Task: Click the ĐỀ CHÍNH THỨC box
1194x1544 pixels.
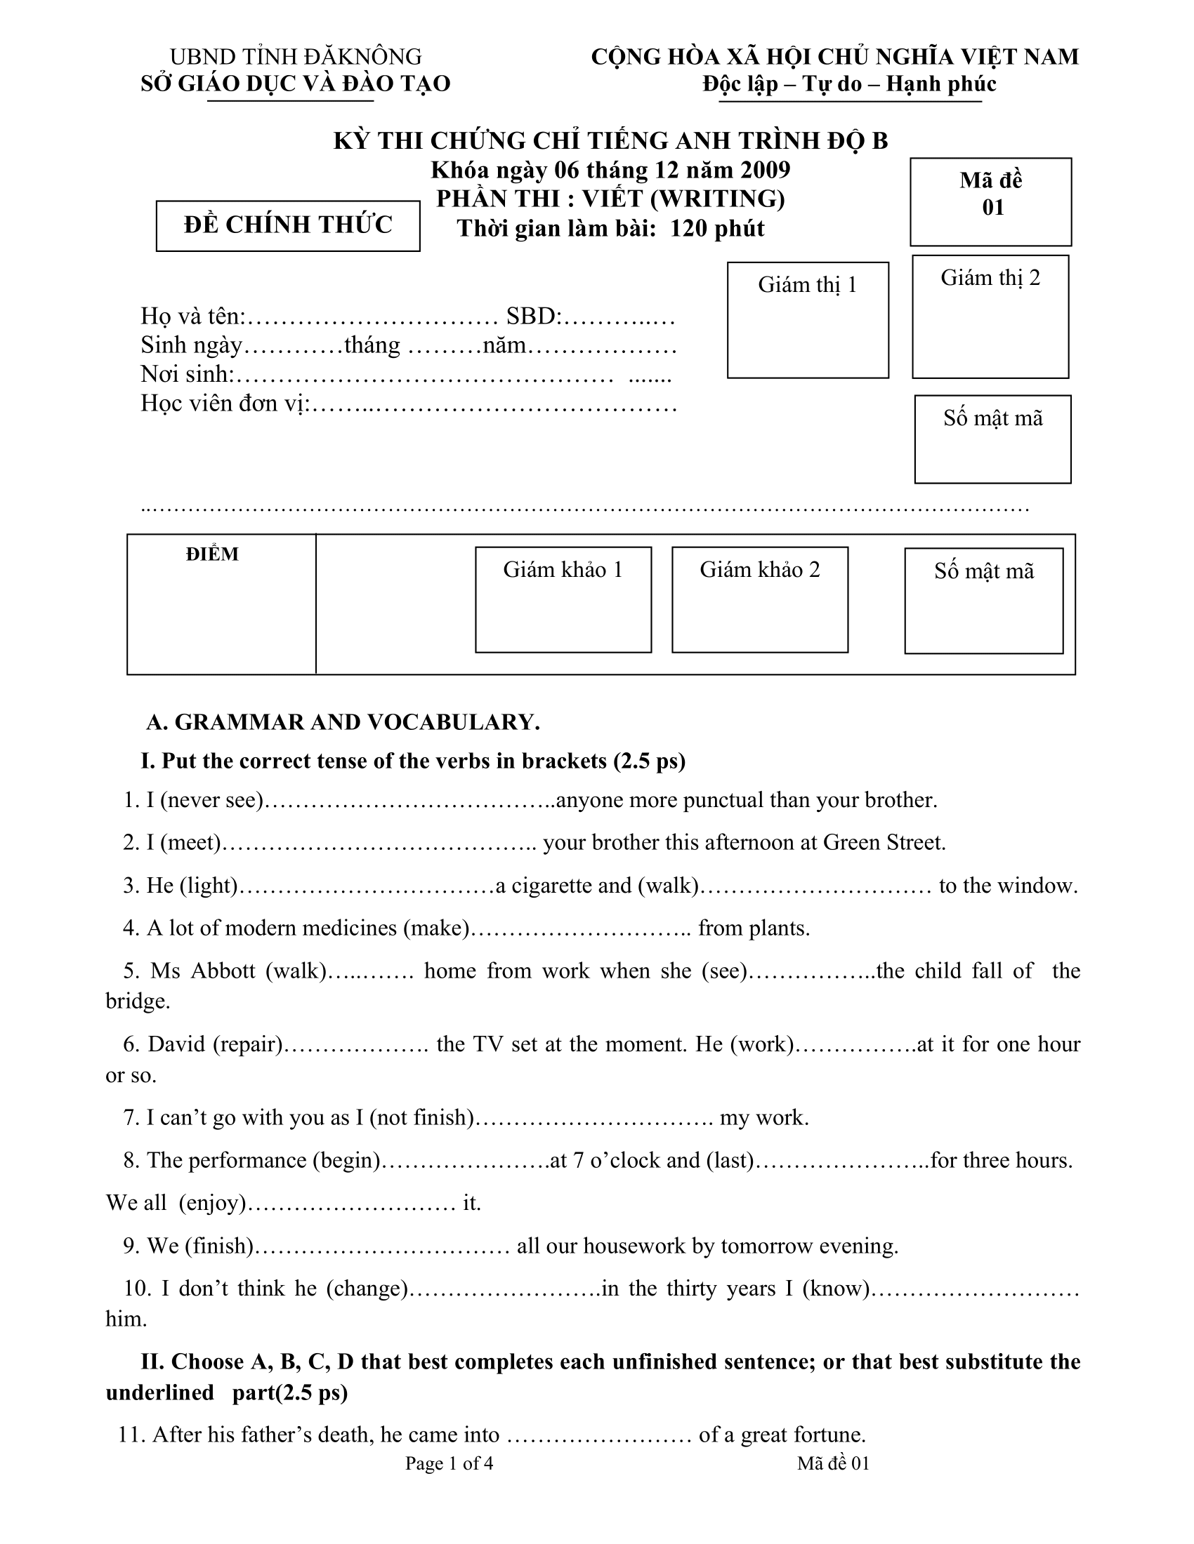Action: click(288, 225)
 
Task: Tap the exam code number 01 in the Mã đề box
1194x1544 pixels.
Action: click(992, 207)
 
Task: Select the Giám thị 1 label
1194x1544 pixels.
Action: click(807, 285)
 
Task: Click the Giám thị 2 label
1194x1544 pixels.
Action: click(990, 278)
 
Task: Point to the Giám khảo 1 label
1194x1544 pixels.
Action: click(563, 570)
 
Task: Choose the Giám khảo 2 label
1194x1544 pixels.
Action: click(759, 570)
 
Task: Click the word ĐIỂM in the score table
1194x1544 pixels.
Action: click(212, 554)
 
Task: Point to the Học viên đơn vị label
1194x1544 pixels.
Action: click(225, 403)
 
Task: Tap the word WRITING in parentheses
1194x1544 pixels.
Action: click(717, 199)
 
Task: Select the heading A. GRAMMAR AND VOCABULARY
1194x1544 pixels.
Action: click(343, 721)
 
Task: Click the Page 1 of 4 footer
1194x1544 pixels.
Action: click(450, 1463)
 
